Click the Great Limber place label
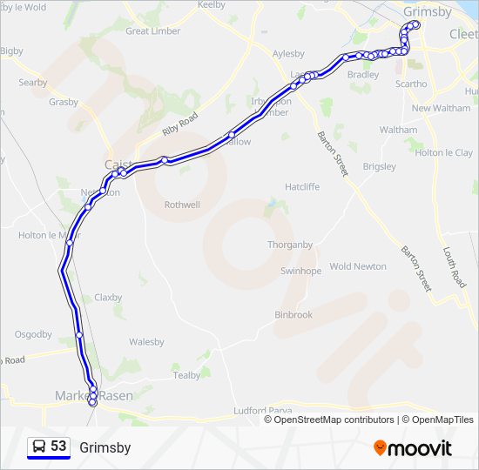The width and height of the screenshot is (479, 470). (152, 31)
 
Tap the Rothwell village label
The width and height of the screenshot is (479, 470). (182, 205)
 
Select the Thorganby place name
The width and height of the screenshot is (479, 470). (290, 245)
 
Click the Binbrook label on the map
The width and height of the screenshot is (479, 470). (293, 314)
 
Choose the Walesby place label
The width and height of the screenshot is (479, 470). (146, 342)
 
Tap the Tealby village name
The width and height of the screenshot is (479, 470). (186, 375)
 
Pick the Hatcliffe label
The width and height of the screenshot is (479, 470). (302, 187)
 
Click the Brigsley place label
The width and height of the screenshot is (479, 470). (379, 166)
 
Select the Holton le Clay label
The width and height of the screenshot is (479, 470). (444, 152)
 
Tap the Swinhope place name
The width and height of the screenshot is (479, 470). (300, 271)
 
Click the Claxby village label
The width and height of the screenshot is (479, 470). (108, 297)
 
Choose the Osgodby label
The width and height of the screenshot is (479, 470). (33, 334)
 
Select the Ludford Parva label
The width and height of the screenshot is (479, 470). (260, 410)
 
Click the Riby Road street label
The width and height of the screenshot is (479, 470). (180, 124)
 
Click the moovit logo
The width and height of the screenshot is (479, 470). (413, 448)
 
